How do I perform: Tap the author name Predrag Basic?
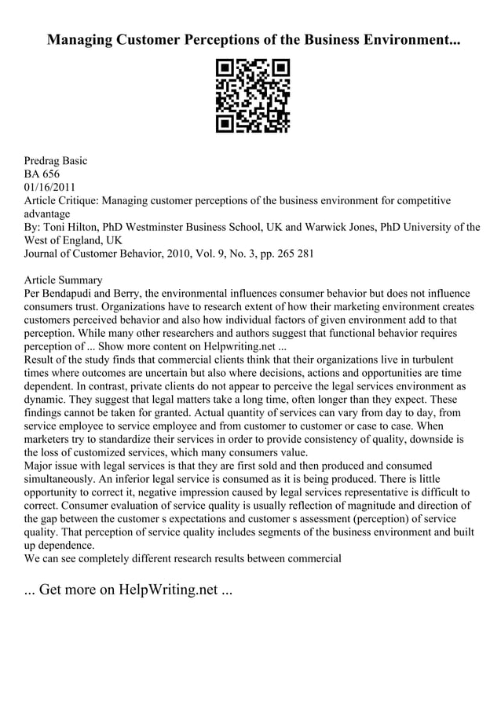tap(56, 160)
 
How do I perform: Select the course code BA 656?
tap(42, 174)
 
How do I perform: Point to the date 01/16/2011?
tap(51, 187)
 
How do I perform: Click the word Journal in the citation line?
tap(44, 254)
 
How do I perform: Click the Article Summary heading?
tap(64, 280)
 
